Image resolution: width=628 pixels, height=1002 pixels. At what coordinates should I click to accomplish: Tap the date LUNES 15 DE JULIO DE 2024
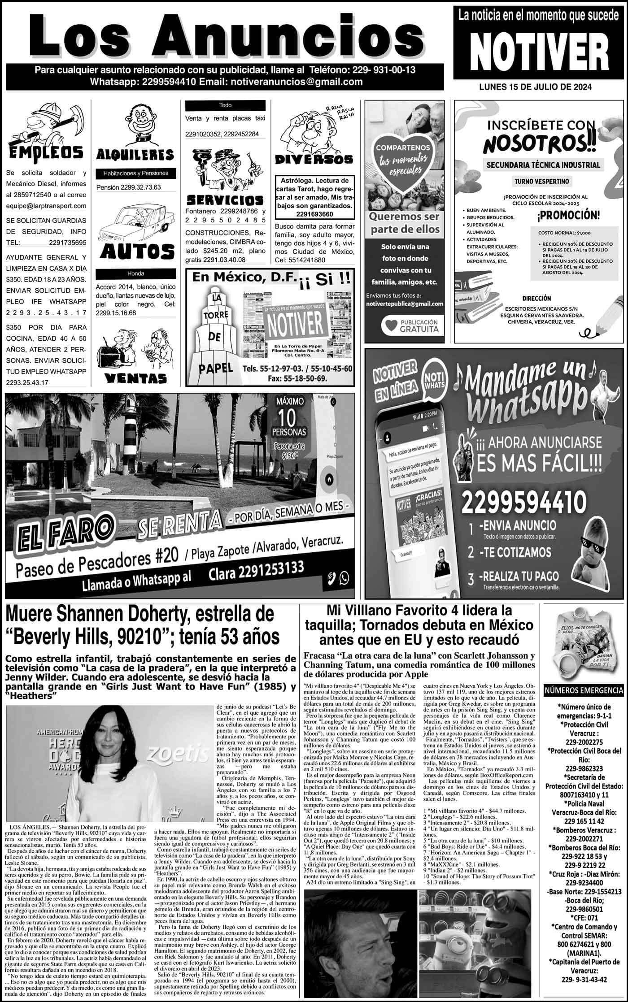(x=535, y=87)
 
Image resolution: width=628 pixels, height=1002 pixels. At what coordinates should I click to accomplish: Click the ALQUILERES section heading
(x=135, y=155)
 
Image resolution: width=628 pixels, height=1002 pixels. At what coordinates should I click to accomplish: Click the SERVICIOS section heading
(x=224, y=199)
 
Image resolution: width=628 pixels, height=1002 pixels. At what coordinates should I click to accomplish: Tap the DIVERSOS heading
(x=314, y=159)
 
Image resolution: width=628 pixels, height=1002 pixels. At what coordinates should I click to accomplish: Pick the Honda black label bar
(x=135, y=273)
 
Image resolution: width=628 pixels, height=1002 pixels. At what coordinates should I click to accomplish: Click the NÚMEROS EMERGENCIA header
(x=584, y=690)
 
